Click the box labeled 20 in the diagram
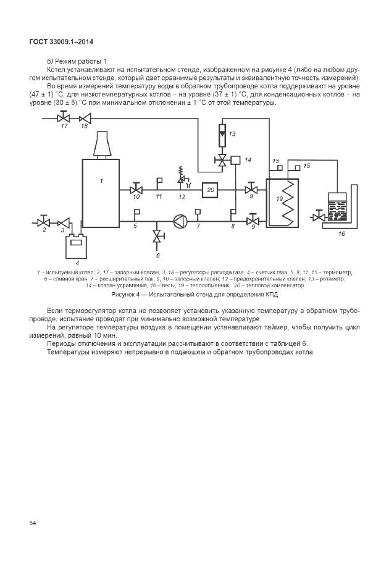pyautogui.click(x=211, y=190)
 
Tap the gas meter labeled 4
pyautogui.click(x=77, y=246)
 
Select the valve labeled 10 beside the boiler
pyautogui.click(x=136, y=189)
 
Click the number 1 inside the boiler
pyautogui.click(x=100, y=181)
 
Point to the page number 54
pyautogui.click(x=33, y=523)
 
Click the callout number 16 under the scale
pyautogui.click(x=341, y=235)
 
